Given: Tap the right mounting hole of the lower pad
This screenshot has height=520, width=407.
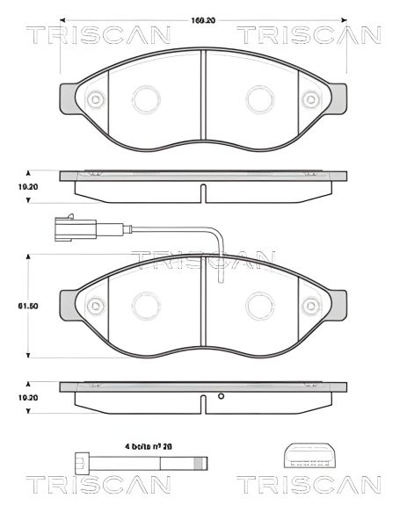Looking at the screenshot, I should point(313,306).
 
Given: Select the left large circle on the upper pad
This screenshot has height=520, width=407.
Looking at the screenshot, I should point(144,97).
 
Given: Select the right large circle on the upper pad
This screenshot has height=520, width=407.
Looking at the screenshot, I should point(259,97).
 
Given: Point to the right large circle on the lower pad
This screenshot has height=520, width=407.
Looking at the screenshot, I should point(259,305).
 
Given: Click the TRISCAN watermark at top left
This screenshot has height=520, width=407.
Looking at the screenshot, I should point(97,36).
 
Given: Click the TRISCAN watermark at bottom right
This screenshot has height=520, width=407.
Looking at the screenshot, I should point(308,485).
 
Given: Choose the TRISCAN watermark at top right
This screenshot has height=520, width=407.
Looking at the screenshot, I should point(308,36).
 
